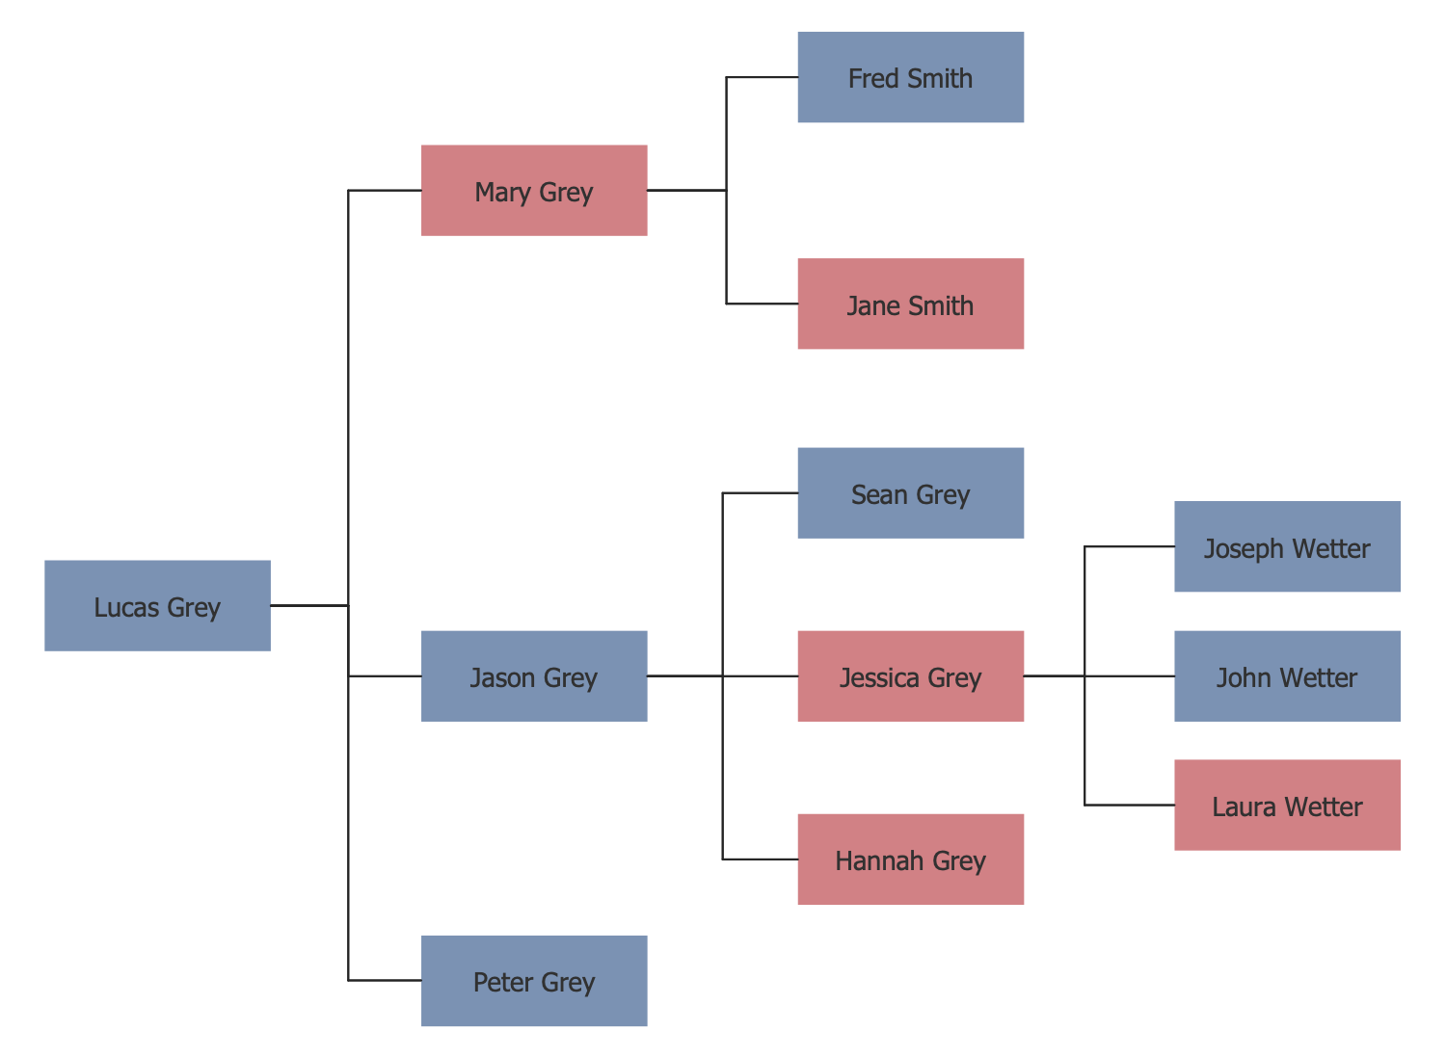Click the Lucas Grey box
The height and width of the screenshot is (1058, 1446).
pyautogui.click(x=157, y=606)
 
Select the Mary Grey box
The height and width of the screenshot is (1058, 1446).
pyautogui.click(x=534, y=191)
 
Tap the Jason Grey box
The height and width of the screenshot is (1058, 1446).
pyautogui.click(x=534, y=676)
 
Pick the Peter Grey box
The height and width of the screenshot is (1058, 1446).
pyautogui.click(x=534, y=981)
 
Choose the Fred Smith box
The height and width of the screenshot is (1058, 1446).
pyautogui.click(x=911, y=77)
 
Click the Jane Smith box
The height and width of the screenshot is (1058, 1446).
pyautogui.click(x=911, y=304)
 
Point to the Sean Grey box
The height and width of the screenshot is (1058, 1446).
pyautogui.click(x=911, y=493)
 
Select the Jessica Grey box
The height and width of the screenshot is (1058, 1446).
pyautogui.click(x=911, y=676)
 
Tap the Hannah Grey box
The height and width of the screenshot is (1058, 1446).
pyautogui.click(x=911, y=860)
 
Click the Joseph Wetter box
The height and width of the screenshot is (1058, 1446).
pyautogui.click(x=1287, y=546)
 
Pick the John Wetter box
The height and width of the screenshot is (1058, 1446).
pyautogui.click(x=1287, y=676)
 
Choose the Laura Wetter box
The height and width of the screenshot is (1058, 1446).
pyautogui.click(x=1287, y=806)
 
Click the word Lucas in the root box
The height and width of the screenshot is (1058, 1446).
pyautogui.click(x=126, y=607)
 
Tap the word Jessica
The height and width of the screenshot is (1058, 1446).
pyautogui.click(x=879, y=677)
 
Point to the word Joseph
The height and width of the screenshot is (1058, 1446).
pyautogui.click(x=1244, y=549)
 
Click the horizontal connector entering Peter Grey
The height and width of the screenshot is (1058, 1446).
pyautogui.click(x=385, y=981)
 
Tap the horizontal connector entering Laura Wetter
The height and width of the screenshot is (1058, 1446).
pyautogui.click(x=1129, y=806)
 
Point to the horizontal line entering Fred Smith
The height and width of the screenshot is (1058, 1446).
pyautogui.click(x=762, y=77)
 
